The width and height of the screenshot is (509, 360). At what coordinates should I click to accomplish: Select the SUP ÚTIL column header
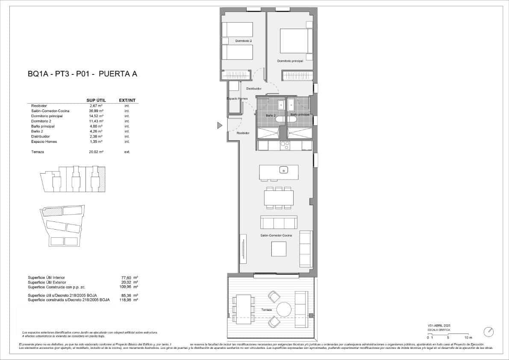pyautogui.click(x=96, y=100)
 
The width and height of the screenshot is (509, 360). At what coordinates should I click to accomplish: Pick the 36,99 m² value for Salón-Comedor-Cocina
pyautogui.click(x=97, y=111)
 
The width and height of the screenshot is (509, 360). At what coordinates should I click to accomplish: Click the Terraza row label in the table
pyautogui.click(x=38, y=152)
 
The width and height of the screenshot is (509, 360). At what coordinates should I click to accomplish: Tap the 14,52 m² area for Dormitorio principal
pyautogui.click(x=97, y=116)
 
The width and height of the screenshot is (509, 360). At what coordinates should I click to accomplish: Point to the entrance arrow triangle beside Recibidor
pyautogui.click(x=220, y=125)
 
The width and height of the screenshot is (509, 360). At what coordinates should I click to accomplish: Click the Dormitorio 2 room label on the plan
pyautogui.click(x=244, y=41)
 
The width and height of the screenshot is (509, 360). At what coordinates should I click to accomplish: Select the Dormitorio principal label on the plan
pyautogui.click(x=290, y=61)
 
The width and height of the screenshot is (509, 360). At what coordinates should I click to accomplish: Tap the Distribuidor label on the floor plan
pyautogui.click(x=254, y=89)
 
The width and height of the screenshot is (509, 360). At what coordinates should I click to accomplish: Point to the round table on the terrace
pyautogui.click(x=284, y=309)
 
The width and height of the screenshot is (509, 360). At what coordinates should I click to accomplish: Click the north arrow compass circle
pyautogui.click(x=488, y=332)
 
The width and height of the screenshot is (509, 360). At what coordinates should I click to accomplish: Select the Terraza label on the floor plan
pyautogui.click(x=267, y=310)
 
